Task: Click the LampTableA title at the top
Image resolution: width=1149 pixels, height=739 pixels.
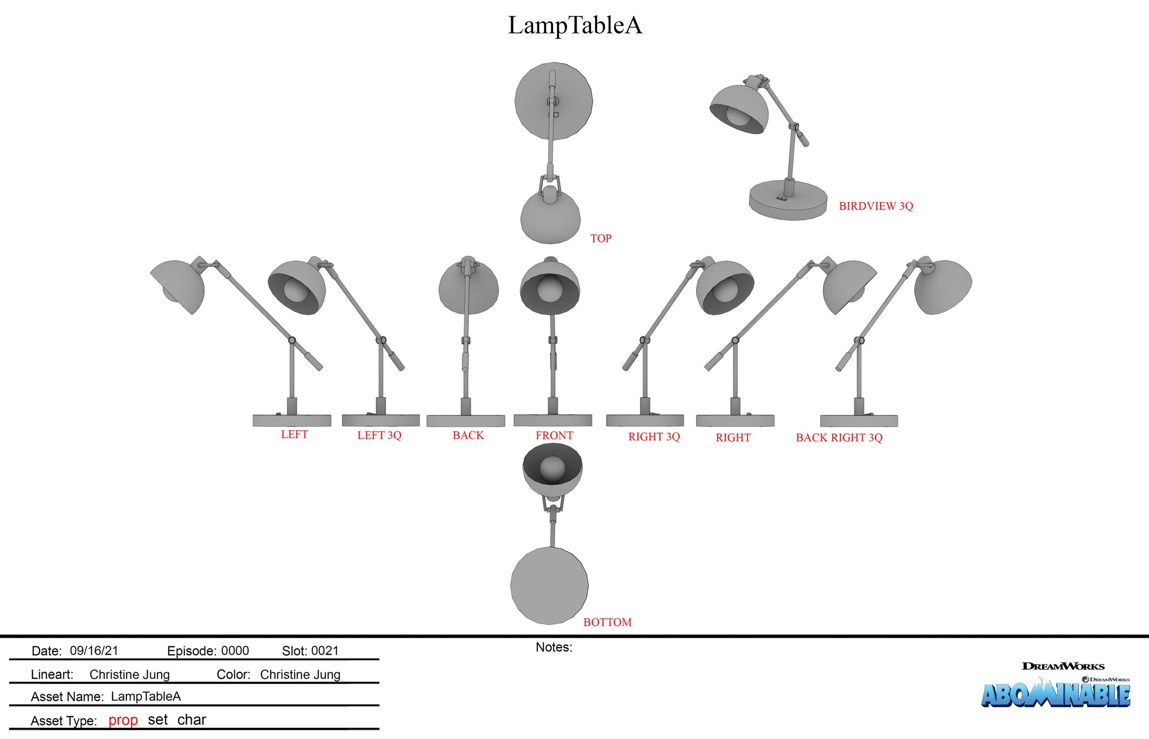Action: pyautogui.click(x=575, y=25)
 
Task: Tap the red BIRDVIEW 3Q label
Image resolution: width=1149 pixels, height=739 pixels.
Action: pyautogui.click(x=876, y=206)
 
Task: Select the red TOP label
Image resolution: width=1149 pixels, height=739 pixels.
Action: pyautogui.click(x=601, y=239)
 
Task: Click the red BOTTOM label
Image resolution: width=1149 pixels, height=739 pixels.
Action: pyautogui.click(x=607, y=622)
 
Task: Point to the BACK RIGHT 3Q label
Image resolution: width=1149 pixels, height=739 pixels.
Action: pyautogui.click(x=839, y=438)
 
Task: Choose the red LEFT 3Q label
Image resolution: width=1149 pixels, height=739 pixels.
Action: pyautogui.click(x=379, y=435)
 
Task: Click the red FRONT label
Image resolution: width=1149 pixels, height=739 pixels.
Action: pyautogui.click(x=554, y=435)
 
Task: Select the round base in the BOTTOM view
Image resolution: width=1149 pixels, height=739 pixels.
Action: pyautogui.click(x=549, y=586)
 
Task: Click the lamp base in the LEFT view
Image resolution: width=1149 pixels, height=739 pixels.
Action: pyautogui.click(x=292, y=421)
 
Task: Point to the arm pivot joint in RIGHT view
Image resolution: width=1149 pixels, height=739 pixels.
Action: pyautogui.click(x=735, y=340)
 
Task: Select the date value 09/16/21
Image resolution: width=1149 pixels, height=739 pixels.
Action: pyautogui.click(x=94, y=651)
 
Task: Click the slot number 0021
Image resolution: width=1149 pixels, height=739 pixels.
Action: pyautogui.click(x=325, y=651)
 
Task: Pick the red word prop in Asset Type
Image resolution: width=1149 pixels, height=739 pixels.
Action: pyautogui.click(x=123, y=720)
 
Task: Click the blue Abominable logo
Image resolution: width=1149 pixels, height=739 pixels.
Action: pyautogui.click(x=1055, y=694)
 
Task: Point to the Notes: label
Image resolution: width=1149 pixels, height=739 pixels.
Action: pyautogui.click(x=554, y=648)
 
